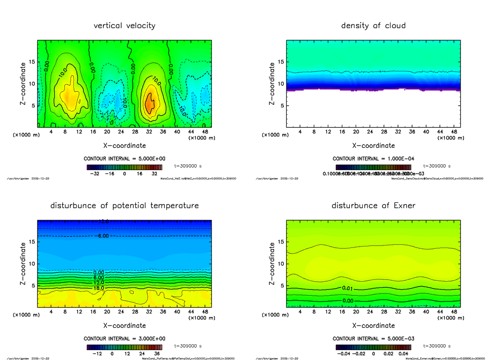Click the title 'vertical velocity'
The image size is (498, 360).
pyautogui.click(x=124, y=26)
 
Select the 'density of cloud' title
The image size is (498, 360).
pyautogui.click(x=373, y=26)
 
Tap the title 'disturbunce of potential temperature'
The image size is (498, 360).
pyautogui.click(x=124, y=206)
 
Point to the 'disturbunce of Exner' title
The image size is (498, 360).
pyautogui.click(x=373, y=206)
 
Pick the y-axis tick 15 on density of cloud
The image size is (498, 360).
pyautogui.click(x=281, y=62)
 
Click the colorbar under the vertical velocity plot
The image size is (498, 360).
pyautogui.click(x=124, y=167)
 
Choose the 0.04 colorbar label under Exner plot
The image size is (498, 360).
pyautogui.click(x=403, y=354)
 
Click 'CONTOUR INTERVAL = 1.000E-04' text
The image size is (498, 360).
pyautogui.click(x=373, y=159)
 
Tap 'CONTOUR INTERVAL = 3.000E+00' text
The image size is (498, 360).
pyautogui.click(x=124, y=338)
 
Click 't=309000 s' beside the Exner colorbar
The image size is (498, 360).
pyautogui.click(x=437, y=345)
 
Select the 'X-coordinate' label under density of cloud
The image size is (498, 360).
pyautogui.click(x=373, y=146)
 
